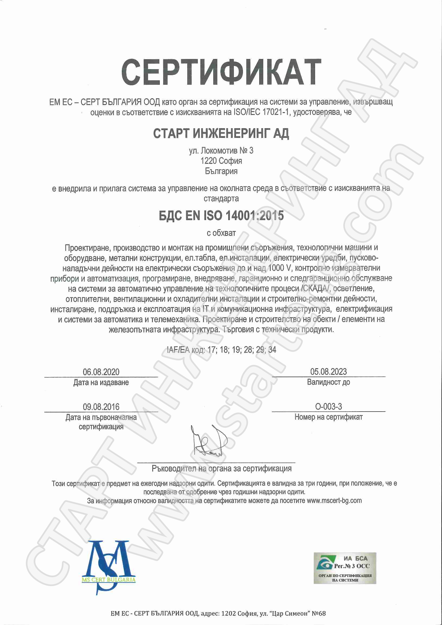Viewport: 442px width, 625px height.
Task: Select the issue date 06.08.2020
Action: pyautogui.click(x=101, y=372)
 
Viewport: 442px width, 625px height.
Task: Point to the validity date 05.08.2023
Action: pyautogui.click(x=328, y=372)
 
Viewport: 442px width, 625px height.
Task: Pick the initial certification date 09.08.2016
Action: pyautogui.click(x=101, y=407)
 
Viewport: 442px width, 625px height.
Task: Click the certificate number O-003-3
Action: pyautogui.click(x=328, y=407)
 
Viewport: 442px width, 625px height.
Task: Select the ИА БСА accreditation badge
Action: pyautogui.click(x=345, y=568)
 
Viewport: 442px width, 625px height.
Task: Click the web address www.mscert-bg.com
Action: pyautogui.click(x=334, y=500)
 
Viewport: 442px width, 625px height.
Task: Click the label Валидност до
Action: pyautogui.click(x=328, y=382)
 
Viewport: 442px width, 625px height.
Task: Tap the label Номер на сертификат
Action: pyautogui.click(x=328, y=417)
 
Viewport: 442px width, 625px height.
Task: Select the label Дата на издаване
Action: pyautogui.click(x=101, y=382)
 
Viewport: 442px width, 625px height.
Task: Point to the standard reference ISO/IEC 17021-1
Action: pyautogui.click(x=262, y=112)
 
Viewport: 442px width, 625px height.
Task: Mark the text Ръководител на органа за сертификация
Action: pyautogui.click(x=222, y=468)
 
